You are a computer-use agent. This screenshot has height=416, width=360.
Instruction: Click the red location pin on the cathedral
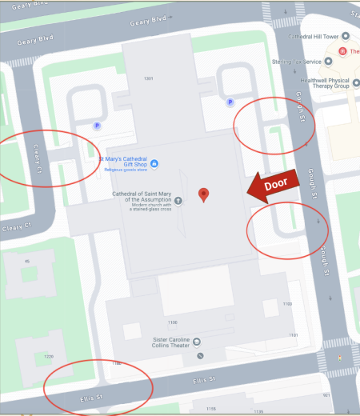(204, 194)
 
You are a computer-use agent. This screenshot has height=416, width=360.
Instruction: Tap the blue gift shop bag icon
(154, 164)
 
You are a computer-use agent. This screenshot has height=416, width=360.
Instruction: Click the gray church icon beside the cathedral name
(178, 200)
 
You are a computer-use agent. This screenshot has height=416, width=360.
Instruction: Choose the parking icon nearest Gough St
(230, 102)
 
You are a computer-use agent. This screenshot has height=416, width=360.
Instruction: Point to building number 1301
(148, 78)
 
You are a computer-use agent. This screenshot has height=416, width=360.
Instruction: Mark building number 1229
(50, 356)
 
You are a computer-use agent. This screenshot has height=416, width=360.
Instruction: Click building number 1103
(288, 305)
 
